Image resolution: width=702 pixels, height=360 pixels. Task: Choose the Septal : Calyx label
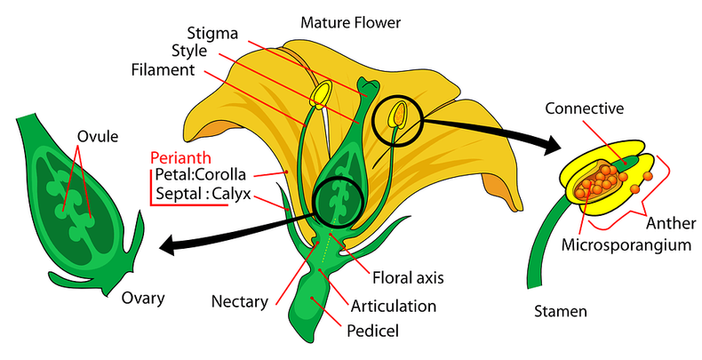203,191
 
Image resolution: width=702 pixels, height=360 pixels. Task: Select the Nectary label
239,302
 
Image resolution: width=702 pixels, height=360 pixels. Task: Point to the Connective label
586,109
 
